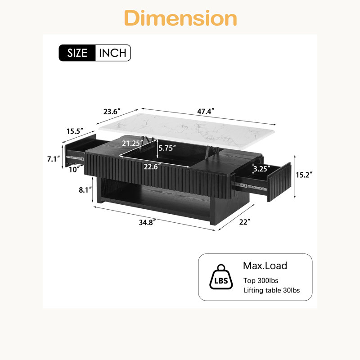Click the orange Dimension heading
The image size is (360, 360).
pyautogui.click(x=180, y=18)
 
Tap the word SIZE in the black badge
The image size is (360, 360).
pyautogui.click(x=77, y=53)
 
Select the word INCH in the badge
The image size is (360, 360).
pyautogui.click(x=112, y=53)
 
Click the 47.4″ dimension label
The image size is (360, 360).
pyautogui.click(x=206, y=111)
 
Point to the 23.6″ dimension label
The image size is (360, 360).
pyautogui.click(x=112, y=112)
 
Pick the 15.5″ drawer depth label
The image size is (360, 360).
pyautogui.click(x=75, y=131)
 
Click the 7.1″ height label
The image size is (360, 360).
pyautogui.click(x=54, y=159)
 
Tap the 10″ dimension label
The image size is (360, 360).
pyautogui.click(x=74, y=170)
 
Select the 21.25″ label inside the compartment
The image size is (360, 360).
pyautogui.click(x=132, y=143)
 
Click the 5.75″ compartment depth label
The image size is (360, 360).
pyautogui.click(x=167, y=148)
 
